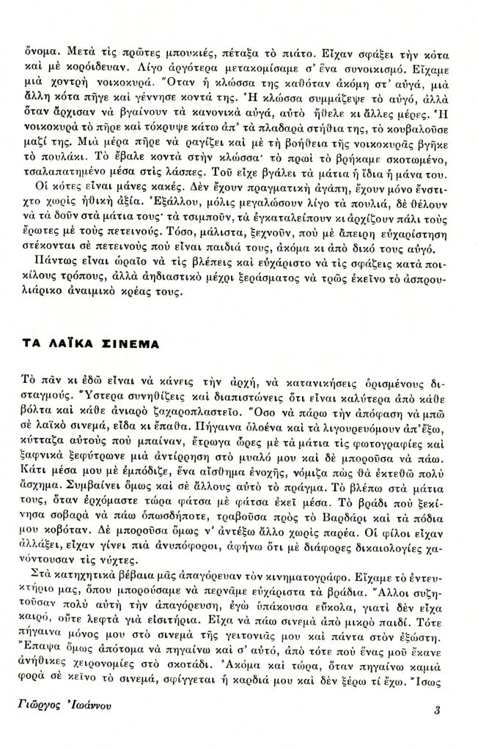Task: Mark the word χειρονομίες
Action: [106, 691]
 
